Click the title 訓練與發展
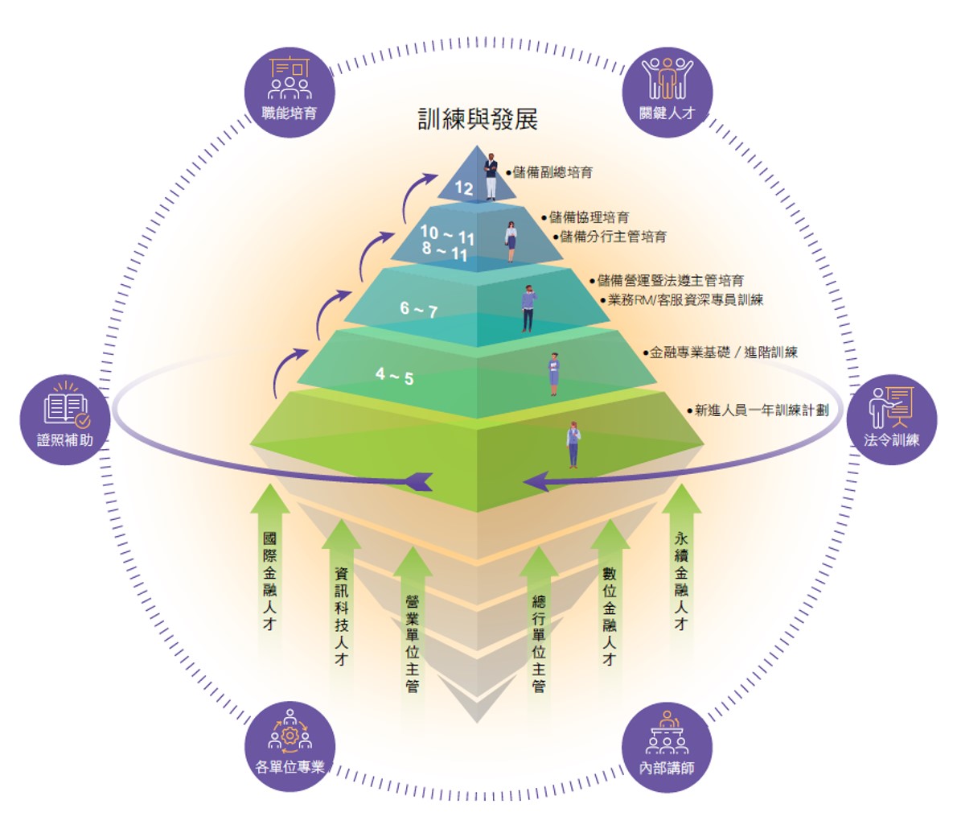(x=478, y=119)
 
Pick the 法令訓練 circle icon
(x=891, y=419)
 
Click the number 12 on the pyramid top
(x=464, y=188)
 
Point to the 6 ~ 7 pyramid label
(x=419, y=309)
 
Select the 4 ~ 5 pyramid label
(x=394, y=375)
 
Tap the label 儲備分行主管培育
(x=613, y=237)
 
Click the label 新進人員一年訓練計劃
(x=761, y=410)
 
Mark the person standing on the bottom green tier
(x=573, y=444)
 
